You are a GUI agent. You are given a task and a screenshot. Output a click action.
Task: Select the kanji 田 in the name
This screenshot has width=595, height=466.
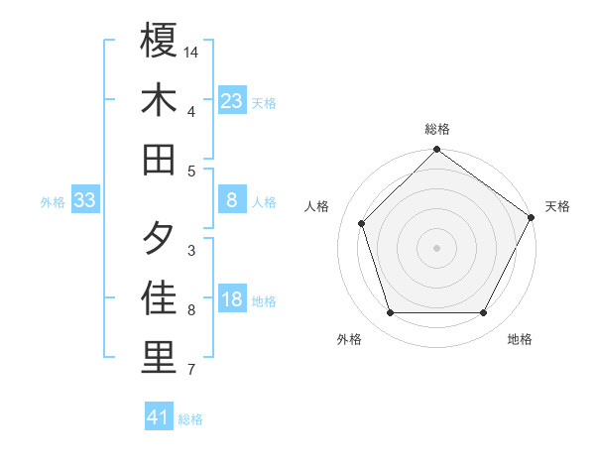(x=160, y=159)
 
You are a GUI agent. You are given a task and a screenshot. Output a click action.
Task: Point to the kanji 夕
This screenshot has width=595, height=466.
(x=160, y=239)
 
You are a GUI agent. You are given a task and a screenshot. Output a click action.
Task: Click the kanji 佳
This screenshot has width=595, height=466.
(x=160, y=298)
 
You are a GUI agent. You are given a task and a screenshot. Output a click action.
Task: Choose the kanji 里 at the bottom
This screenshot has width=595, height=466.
(x=160, y=358)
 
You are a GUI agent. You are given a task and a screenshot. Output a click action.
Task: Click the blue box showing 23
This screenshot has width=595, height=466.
(x=232, y=100)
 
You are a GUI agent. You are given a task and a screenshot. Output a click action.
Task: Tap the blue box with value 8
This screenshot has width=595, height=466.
(x=232, y=200)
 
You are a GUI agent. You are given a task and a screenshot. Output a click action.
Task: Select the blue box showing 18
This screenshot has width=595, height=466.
(x=232, y=300)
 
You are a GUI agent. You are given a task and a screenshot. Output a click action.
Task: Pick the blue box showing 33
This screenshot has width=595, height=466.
(x=85, y=200)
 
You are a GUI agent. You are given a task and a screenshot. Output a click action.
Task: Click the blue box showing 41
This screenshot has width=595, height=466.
(x=159, y=417)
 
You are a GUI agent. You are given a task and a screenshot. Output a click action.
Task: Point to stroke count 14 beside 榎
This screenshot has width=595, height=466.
(x=192, y=51)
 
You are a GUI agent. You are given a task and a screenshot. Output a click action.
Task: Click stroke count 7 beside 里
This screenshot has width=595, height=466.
(x=191, y=371)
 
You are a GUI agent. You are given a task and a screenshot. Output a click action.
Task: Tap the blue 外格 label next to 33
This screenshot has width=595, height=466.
(x=53, y=201)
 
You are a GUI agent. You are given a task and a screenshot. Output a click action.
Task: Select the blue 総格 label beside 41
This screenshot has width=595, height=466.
(x=190, y=419)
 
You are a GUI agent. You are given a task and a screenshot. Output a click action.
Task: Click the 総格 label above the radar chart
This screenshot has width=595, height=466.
(x=437, y=129)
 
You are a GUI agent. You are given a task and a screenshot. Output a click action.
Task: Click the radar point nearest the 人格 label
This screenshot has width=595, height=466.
(x=362, y=223)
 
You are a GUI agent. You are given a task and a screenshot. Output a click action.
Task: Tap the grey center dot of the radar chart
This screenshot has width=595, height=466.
(x=437, y=247)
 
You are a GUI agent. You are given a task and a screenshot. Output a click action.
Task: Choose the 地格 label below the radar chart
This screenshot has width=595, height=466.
(x=520, y=339)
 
